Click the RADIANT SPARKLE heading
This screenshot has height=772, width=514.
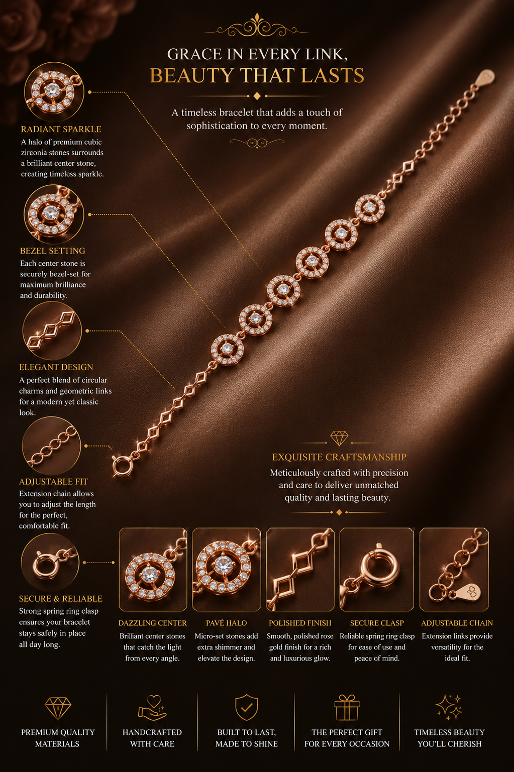(61, 129)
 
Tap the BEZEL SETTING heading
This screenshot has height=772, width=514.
(52, 251)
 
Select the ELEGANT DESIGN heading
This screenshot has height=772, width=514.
(56, 367)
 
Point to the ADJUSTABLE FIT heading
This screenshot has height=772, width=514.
(53, 482)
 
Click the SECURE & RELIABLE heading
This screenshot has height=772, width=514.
(61, 599)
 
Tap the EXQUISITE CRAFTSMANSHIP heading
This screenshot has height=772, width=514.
(339, 457)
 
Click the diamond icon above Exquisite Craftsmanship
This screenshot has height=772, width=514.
(339, 438)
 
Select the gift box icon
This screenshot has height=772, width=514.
(347, 707)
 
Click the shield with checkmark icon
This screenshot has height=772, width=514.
(246, 707)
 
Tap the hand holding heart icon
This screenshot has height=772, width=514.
(152, 708)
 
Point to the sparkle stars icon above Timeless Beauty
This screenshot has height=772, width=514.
(449, 707)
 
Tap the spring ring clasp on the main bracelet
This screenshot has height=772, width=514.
(122, 466)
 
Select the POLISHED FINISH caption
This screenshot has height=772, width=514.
(300, 623)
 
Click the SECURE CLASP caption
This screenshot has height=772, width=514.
(377, 623)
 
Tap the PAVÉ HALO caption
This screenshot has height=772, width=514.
(226, 623)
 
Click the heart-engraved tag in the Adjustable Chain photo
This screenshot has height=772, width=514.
(468, 593)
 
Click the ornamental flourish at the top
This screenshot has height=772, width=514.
(257, 26)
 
